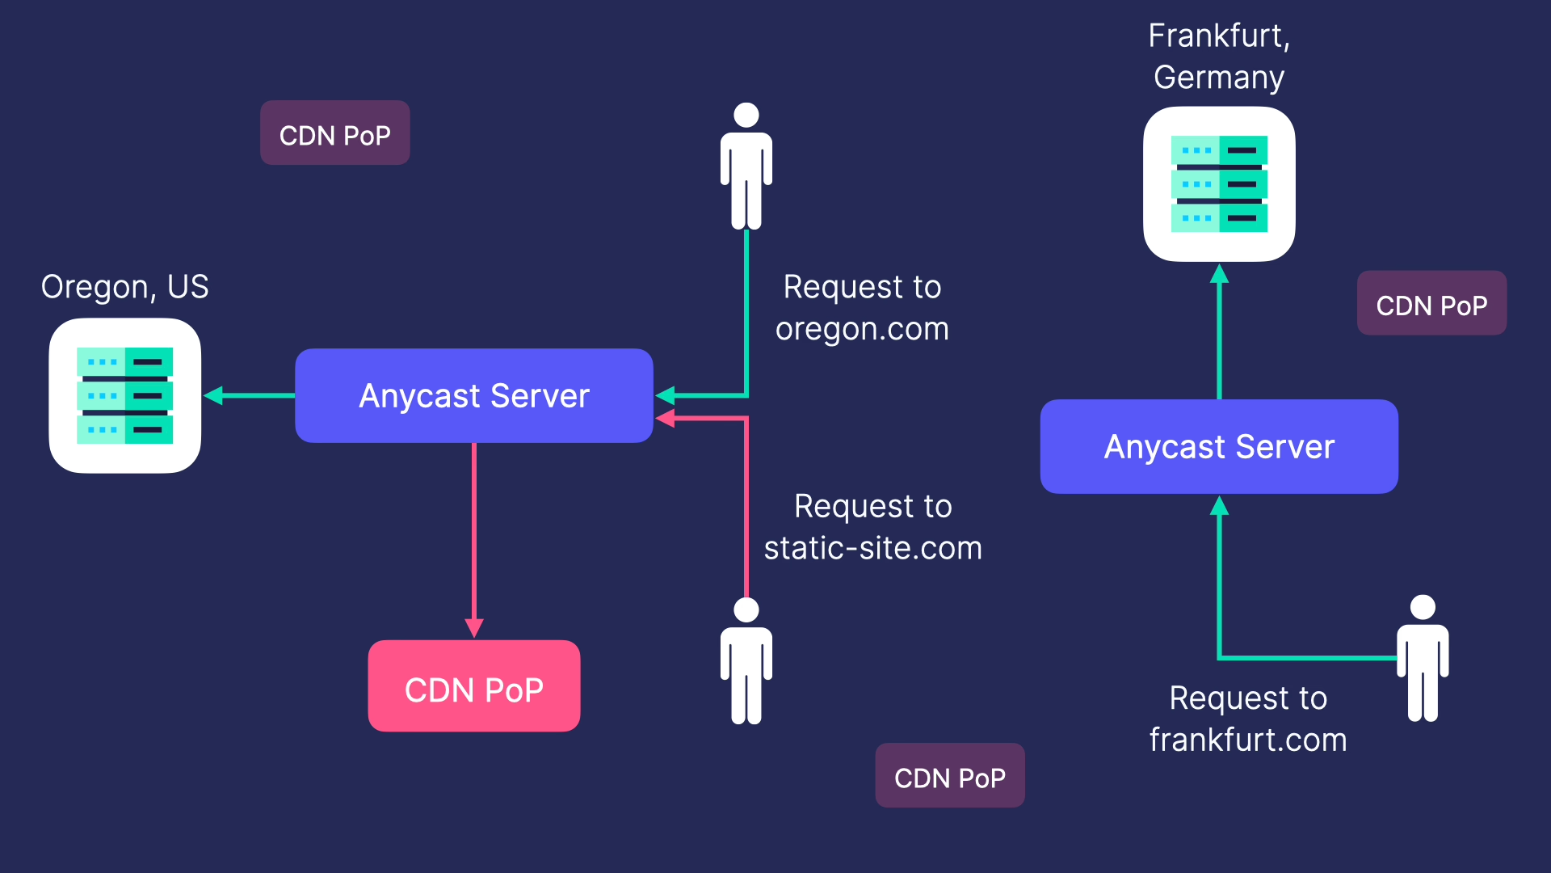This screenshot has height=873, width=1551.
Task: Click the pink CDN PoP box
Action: point(474,686)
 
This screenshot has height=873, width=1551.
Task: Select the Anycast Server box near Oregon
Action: point(474,396)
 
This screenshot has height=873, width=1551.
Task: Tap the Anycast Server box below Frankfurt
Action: point(1219,447)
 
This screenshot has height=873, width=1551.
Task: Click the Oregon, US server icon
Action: point(125,396)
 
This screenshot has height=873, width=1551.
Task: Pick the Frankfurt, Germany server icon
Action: point(1219,184)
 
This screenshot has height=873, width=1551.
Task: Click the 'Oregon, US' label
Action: point(125,287)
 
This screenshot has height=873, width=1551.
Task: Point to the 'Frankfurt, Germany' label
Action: point(1219,57)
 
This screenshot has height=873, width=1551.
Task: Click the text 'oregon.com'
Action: point(862,329)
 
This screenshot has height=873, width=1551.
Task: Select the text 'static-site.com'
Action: point(873,549)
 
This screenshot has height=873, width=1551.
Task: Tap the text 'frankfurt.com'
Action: point(1248,740)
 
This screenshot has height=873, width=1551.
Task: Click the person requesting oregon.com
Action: point(746,166)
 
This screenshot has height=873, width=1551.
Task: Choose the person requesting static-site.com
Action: point(746,660)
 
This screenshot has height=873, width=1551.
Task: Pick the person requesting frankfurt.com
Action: point(1423,658)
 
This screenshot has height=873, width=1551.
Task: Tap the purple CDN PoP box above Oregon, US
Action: point(334,133)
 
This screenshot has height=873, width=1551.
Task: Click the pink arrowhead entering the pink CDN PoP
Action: point(474,628)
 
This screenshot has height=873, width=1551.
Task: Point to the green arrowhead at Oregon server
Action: point(213,396)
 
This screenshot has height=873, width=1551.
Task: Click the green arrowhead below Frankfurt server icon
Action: point(1219,275)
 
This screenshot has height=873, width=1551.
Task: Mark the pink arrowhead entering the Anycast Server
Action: point(666,419)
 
